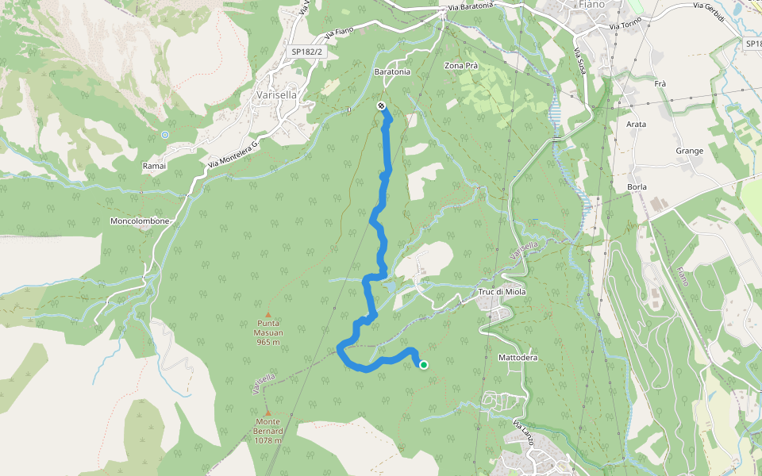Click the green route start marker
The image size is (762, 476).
(424, 365)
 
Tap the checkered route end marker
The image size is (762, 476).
(381, 106)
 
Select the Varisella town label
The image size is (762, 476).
(275, 95)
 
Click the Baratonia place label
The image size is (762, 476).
(392, 71)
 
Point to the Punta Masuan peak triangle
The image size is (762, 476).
(268, 314)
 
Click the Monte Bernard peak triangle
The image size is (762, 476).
(268, 413)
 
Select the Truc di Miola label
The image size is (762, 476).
(502, 292)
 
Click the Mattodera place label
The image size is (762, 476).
(518, 358)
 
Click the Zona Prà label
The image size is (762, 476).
(461, 66)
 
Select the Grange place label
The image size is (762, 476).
(690, 151)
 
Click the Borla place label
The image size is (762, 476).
(637, 187)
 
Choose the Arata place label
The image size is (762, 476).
(636, 125)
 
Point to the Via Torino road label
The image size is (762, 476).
(625, 26)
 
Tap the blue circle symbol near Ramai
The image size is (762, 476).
(165, 135)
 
